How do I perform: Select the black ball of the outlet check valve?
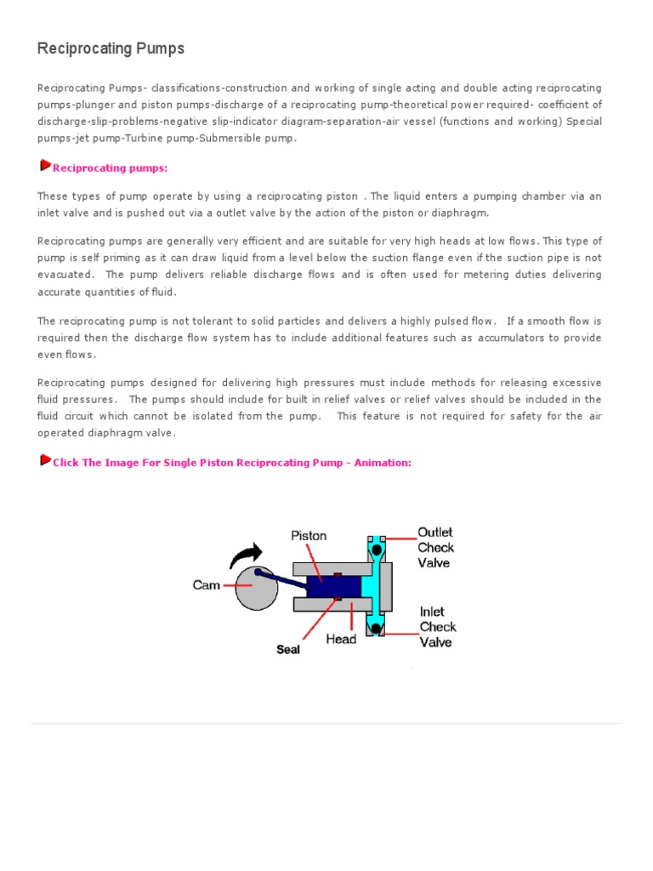pyautogui.click(x=375, y=549)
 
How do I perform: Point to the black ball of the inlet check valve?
pyautogui.click(x=375, y=628)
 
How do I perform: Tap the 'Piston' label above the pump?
pyautogui.click(x=309, y=536)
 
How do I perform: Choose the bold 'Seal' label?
pyautogui.click(x=289, y=649)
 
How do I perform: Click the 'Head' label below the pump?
pyautogui.click(x=341, y=639)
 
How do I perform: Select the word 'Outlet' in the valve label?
pyautogui.click(x=435, y=532)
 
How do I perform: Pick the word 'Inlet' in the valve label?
pyautogui.click(x=433, y=612)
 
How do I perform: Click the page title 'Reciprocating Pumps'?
pyautogui.click(x=111, y=48)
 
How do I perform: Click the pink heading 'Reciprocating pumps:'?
pyautogui.click(x=111, y=168)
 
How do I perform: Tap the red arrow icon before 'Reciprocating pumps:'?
pyautogui.click(x=45, y=165)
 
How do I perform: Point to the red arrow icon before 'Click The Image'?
pyautogui.click(x=45, y=460)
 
